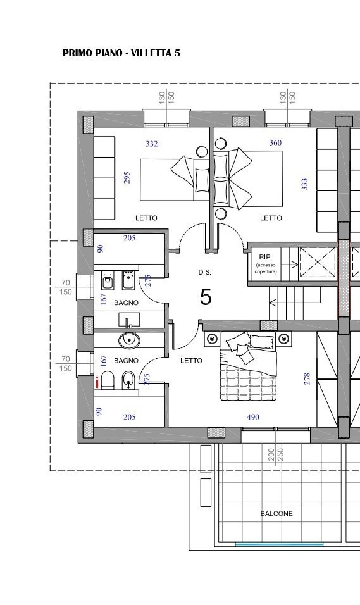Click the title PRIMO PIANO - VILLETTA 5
pyautogui.click(x=121, y=53)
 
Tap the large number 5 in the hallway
pyautogui.click(x=206, y=297)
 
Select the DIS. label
pyautogui.click(x=205, y=272)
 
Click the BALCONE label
pyautogui.click(x=276, y=514)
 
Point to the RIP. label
pyautogui.click(x=266, y=257)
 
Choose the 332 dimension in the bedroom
pyautogui.click(x=152, y=144)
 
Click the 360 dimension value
pyautogui.click(x=275, y=143)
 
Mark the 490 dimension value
pyautogui.click(x=252, y=417)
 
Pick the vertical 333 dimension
pyautogui.click(x=304, y=184)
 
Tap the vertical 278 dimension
pyautogui.click(x=307, y=378)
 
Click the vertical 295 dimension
pyautogui.click(x=127, y=177)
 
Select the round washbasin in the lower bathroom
pyautogui.click(x=129, y=340)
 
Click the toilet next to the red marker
pyautogui.click(x=108, y=380)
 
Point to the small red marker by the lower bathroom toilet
pyautogui.click(x=97, y=382)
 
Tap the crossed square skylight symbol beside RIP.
pyautogui.click(x=318, y=263)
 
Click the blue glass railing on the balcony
pyautogui.click(x=279, y=544)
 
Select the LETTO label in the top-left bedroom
pyautogui.click(x=146, y=218)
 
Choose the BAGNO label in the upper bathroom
pyautogui.click(x=126, y=303)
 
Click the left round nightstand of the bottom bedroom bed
pyautogui.click(x=212, y=339)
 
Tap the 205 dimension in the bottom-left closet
pyautogui.click(x=129, y=417)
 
